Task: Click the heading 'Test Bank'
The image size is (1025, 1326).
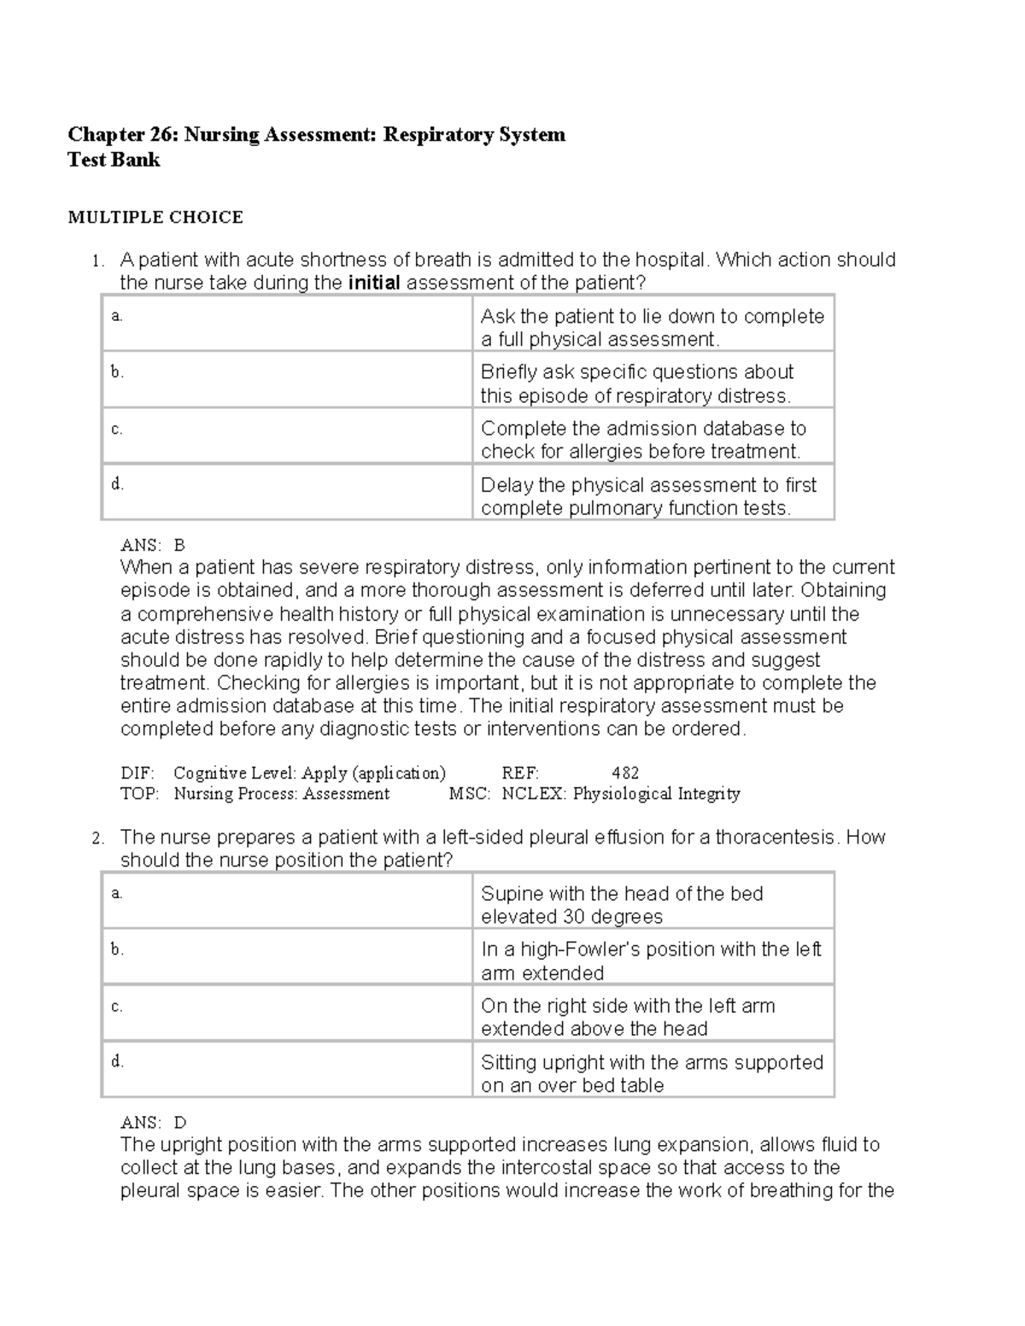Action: [114, 160]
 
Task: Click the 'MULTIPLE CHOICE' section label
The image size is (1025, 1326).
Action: [155, 217]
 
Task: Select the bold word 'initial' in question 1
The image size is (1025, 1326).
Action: [374, 283]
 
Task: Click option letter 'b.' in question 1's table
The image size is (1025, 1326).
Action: [117, 371]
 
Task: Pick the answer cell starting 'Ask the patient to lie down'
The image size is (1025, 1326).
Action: [652, 327]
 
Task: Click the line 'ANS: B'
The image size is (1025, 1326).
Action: [153, 545]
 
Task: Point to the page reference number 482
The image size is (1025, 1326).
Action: [625, 773]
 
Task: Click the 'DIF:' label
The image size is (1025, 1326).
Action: [138, 773]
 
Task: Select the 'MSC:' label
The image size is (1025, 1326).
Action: [470, 794]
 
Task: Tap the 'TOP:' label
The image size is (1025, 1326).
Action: [139, 794]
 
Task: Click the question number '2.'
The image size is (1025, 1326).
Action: [97, 838]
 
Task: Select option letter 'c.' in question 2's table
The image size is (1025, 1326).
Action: [117, 1006]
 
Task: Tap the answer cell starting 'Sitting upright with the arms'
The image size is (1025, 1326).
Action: [652, 1073]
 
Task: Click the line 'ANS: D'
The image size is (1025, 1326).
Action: [154, 1122]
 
